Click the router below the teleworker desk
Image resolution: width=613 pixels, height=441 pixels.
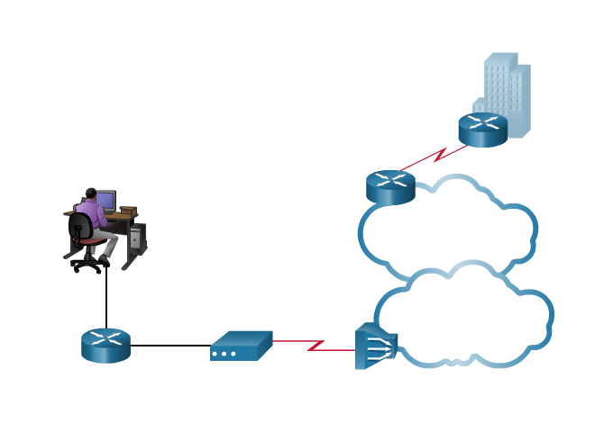click(x=105, y=345)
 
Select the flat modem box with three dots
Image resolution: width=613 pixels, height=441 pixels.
click(x=241, y=346)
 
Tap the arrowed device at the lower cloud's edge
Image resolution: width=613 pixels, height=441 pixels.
click(x=375, y=346)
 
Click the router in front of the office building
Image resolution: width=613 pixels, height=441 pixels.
click(x=482, y=129)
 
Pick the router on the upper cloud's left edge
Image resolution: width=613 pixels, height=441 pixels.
click(x=390, y=186)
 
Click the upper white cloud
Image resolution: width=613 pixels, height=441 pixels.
click(x=451, y=229)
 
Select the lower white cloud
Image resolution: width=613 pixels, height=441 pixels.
click(x=469, y=319)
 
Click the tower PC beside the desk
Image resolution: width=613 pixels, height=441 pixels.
click(x=137, y=238)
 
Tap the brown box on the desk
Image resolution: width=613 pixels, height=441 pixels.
click(x=128, y=211)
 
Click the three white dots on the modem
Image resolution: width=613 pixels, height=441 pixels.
click(x=224, y=354)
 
